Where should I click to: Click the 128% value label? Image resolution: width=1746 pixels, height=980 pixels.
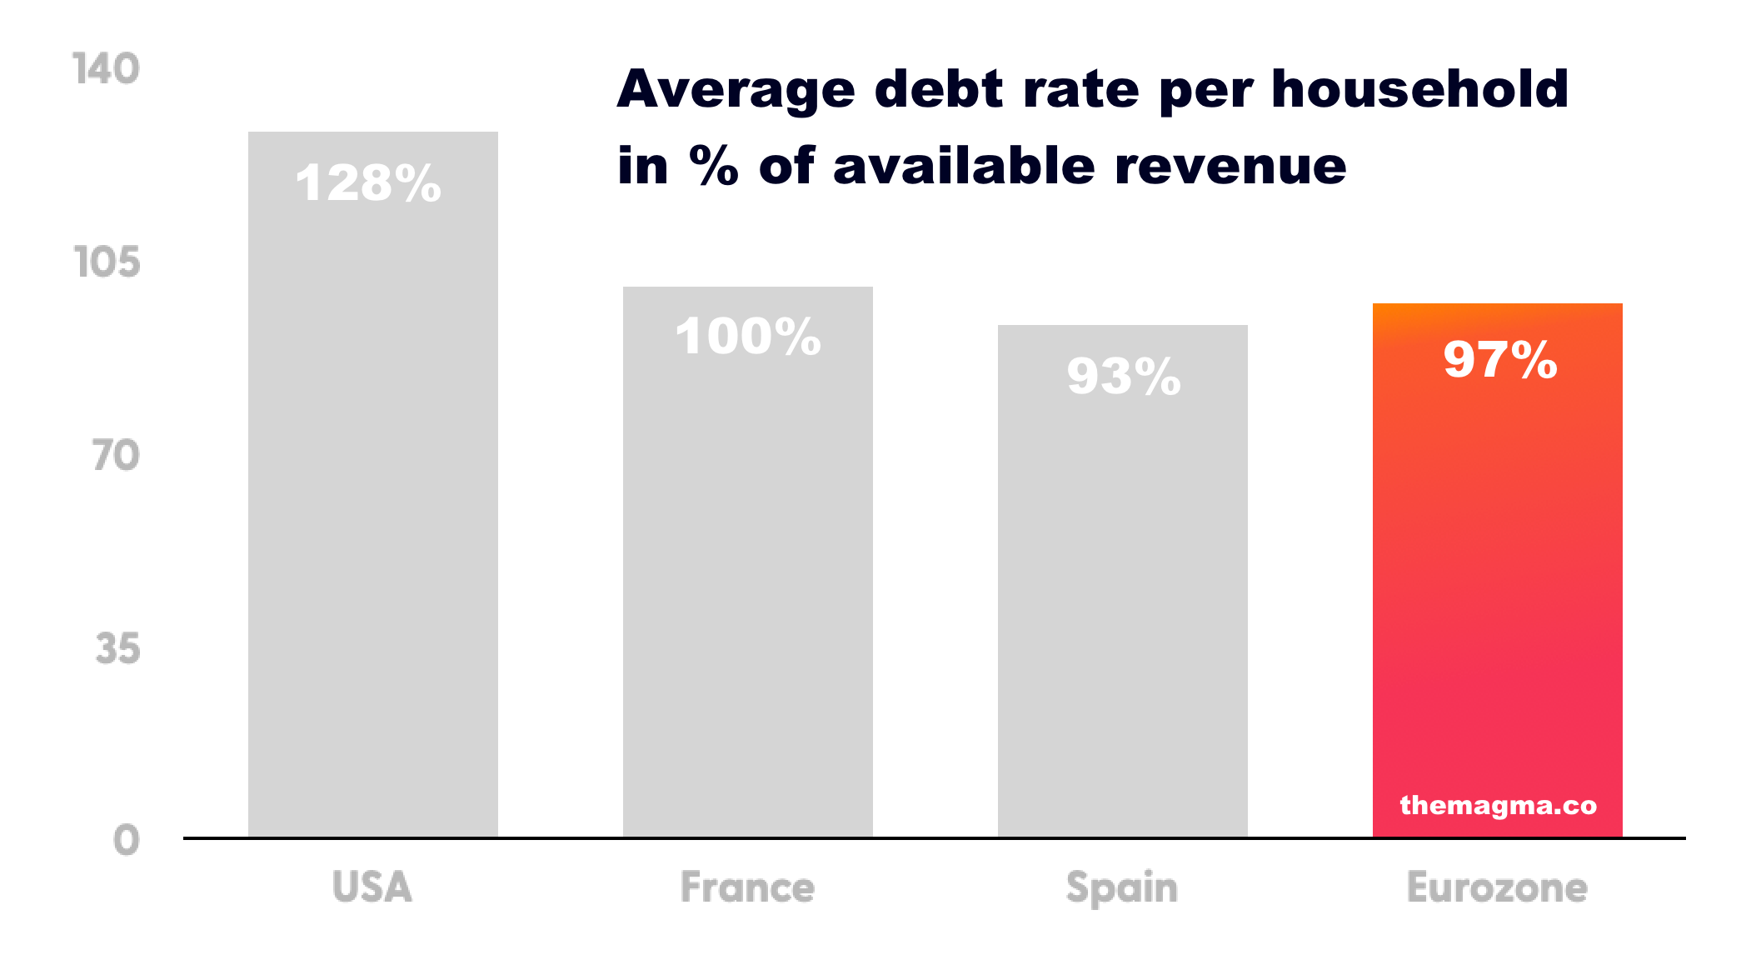pyautogui.click(x=368, y=183)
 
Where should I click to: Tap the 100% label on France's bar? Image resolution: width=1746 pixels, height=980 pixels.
pyautogui.click(x=748, y=337)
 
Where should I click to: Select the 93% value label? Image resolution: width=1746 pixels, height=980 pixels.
pyautogui.click(x=1124, y=376)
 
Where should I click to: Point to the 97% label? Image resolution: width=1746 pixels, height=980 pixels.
pyautogui.click(x=1500, y=360)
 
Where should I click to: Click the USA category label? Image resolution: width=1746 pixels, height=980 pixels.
pyautogui.click(x=372, y=887)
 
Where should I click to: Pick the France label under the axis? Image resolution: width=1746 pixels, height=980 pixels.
pyautogui.click(x=747, y=887)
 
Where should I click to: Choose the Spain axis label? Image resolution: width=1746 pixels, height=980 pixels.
pyautogui.click(x=1122, y=887)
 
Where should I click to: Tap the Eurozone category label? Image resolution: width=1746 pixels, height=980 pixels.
pyautogui.click(x=1497, y=887)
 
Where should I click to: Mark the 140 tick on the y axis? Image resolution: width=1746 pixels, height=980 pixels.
pyautogui.click(x=106, y=68)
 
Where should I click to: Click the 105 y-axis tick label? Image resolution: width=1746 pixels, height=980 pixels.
pyautogui.click(x=107, y=262)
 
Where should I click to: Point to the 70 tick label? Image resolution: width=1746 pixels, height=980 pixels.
pyautogui.click(x=116, y=456)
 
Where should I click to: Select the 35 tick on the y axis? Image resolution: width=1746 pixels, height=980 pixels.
pyautogui.click(x=117, y=648)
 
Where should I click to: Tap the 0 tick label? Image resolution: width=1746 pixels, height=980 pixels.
pyautogui.click(x=127, y=840)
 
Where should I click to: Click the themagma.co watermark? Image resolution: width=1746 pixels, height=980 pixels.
pyautogui.click(x=1498, y=805)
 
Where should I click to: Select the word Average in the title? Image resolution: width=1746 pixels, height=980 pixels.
pyautogui.click(x=736, y=90)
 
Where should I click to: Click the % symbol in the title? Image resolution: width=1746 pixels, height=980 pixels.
pyautogui.click(x=714, y=165)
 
